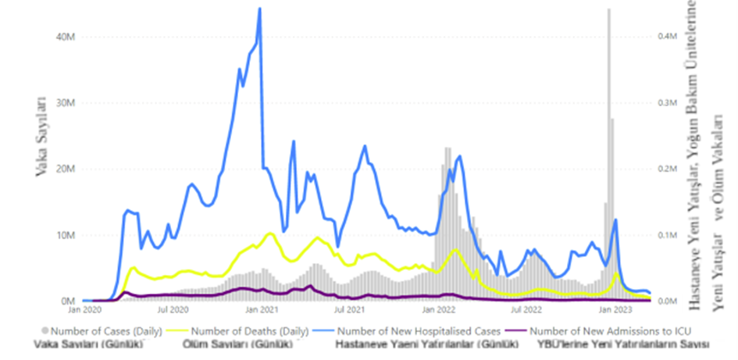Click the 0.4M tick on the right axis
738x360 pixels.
point(665,37)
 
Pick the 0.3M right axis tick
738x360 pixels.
point(665,103)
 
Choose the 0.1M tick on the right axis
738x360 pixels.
point(665,235)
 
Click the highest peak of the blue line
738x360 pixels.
point(259,9)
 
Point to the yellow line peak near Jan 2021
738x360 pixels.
point(270,233)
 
